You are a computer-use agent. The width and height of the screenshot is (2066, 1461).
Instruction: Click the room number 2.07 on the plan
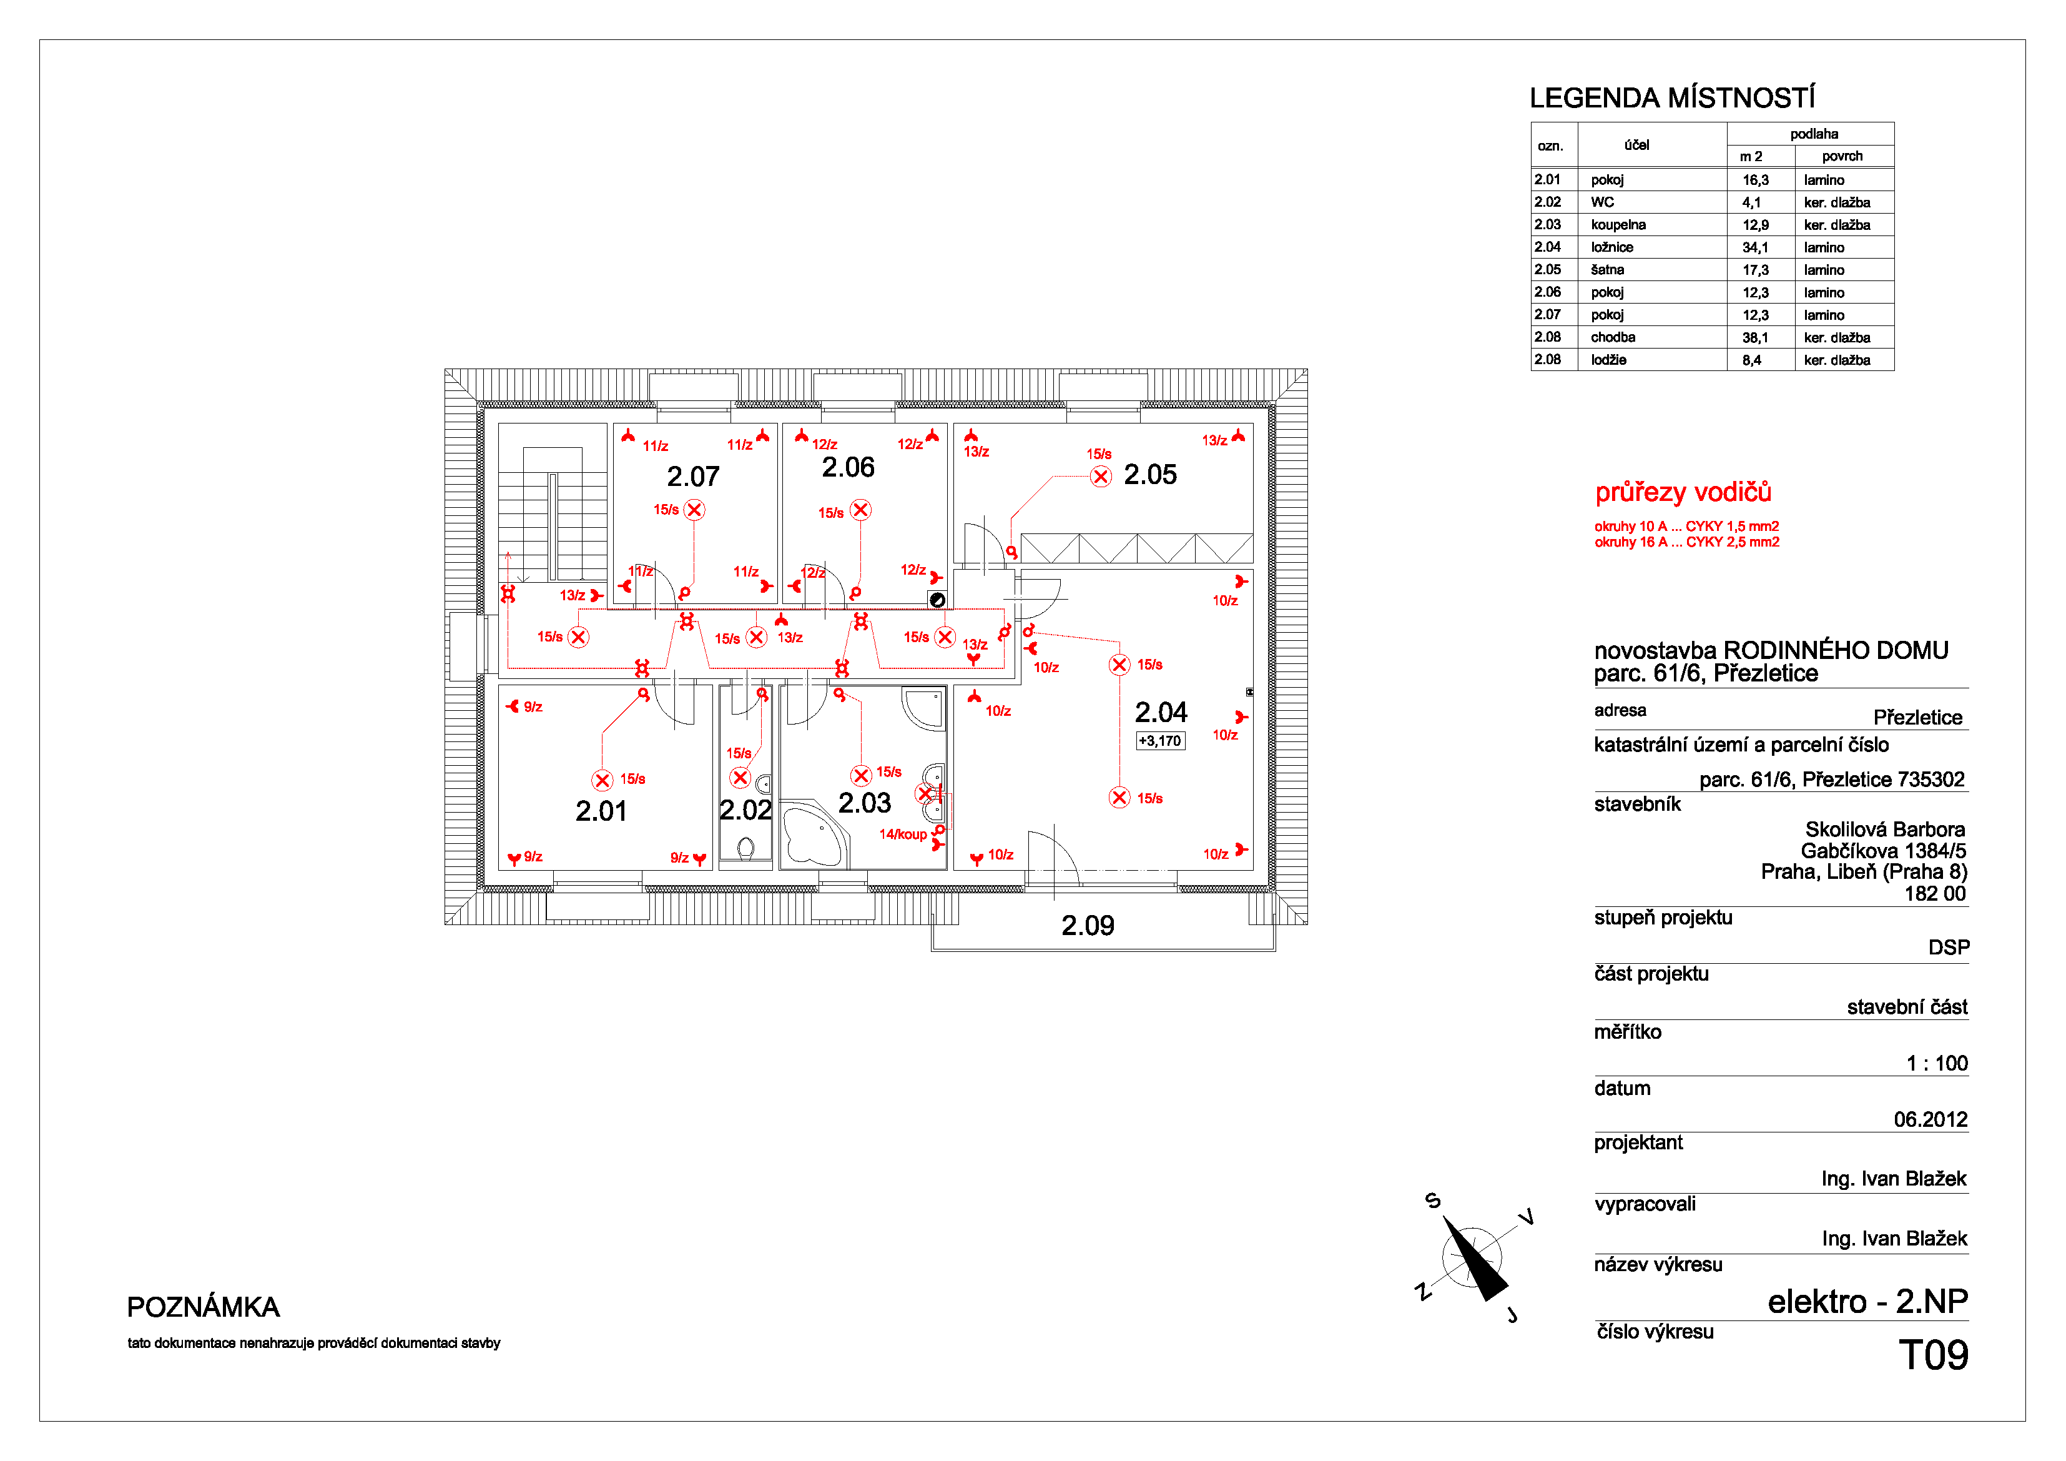click(693, 476)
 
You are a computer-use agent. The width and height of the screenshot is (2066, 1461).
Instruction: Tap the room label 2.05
click(1150, 474)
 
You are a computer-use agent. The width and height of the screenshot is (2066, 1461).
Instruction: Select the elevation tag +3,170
click(1161, 741)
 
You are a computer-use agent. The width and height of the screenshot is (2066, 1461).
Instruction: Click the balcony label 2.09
click(1088, 926)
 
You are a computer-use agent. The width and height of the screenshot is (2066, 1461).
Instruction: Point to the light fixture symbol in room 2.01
click(602, 780)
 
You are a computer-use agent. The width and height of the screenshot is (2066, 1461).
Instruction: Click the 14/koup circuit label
click(903, 835)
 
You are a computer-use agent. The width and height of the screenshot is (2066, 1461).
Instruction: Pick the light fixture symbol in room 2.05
click(1101, 476)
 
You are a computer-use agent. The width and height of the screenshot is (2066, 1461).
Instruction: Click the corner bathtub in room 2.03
click(814, 835)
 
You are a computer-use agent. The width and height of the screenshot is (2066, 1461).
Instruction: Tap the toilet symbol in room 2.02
click(745, 847)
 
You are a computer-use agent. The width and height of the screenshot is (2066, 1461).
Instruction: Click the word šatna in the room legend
click(1607, 270)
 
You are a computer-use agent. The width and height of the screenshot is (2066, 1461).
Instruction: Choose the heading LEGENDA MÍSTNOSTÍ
click(1672, 97)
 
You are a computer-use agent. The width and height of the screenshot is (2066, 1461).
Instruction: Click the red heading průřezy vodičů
click(1683, 492)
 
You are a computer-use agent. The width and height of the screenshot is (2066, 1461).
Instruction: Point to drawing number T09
click(1933, 1355)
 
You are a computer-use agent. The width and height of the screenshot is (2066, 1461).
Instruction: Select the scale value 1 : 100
click(1936, 1063)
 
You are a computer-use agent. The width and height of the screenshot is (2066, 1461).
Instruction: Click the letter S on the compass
click(1434, 1200)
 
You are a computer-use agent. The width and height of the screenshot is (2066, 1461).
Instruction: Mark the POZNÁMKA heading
click(204, 1307)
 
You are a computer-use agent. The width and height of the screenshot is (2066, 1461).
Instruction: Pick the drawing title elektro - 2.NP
click(1867, 1302)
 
